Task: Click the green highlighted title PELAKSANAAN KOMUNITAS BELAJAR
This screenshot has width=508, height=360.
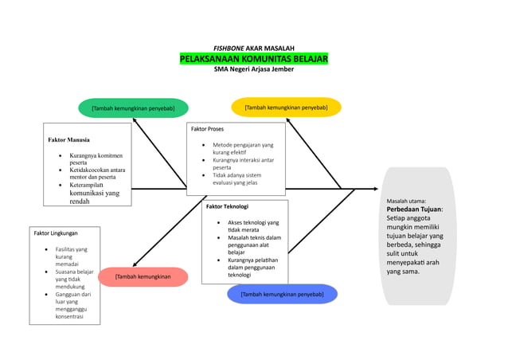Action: [253, 59]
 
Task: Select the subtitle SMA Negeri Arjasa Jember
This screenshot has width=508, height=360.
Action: [253, 69]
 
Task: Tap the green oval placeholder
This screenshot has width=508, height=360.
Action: [133, 108]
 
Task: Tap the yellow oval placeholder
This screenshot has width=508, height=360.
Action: [286, 107]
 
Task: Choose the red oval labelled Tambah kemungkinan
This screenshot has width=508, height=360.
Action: [143, 276]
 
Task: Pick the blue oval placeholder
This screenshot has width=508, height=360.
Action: [282, 294]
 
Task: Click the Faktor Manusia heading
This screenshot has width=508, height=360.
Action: [69, 139]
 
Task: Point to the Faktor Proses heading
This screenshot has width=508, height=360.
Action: [208, 129]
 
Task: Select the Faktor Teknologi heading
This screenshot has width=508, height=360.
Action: [228, 206]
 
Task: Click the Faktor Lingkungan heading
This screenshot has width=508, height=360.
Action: [56, 233]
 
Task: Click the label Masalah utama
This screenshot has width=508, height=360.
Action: [406, 201]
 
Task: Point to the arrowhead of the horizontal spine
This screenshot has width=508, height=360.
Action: [375, 189]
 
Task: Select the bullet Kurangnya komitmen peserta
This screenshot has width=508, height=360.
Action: [96, 159]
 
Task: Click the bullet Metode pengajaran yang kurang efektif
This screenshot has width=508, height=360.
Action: [242, 148]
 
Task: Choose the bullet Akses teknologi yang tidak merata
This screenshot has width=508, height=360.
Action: [253, 226]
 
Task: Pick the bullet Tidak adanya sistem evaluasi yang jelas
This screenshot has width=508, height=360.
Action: [236, 179]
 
